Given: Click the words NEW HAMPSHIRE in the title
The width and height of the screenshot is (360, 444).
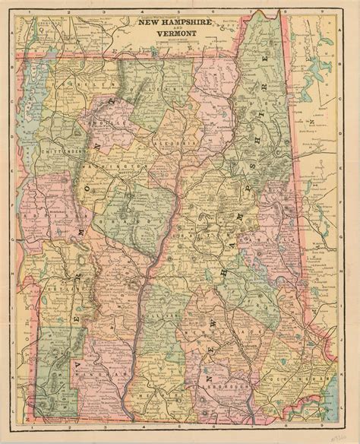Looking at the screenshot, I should point(178,25).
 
